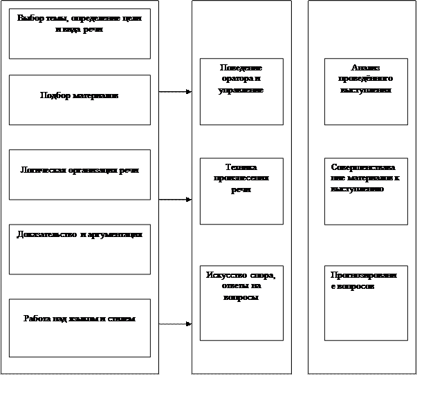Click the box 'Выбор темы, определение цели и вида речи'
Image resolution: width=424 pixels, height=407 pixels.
tap(80, 33)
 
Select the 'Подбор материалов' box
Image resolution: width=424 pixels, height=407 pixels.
tap(80, 100)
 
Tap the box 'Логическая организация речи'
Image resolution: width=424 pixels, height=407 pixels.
tap(80, 174)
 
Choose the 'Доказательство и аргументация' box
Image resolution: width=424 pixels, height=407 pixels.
tap(80, 249)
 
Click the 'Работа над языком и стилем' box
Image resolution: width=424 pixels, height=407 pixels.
tap(80, 328)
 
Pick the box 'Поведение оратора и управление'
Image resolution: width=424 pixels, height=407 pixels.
tap(241, 91)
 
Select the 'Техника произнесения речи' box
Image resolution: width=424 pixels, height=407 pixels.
tap(241, 191)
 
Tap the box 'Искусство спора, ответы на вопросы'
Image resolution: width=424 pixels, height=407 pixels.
tap(241, 303)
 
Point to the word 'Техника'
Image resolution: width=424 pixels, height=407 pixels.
tap(241, 167)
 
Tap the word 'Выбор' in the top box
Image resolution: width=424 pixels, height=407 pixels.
tap(30, 18)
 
